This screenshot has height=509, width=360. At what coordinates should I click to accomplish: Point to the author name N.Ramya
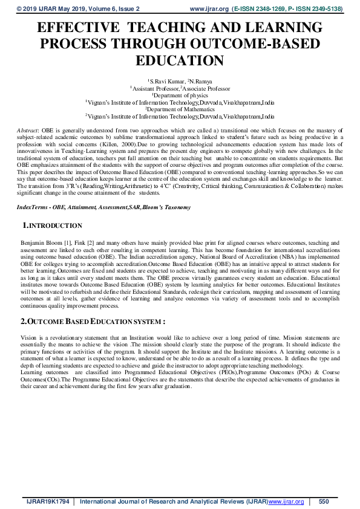(202, 80)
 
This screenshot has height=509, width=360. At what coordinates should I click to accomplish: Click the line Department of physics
(179, 95)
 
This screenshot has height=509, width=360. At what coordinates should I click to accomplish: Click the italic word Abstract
(27, 131)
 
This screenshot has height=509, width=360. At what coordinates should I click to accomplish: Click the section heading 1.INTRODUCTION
(52, 225)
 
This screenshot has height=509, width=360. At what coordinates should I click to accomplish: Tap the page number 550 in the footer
(323, 501)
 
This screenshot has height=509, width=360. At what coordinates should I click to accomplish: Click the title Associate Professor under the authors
(202, 88)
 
